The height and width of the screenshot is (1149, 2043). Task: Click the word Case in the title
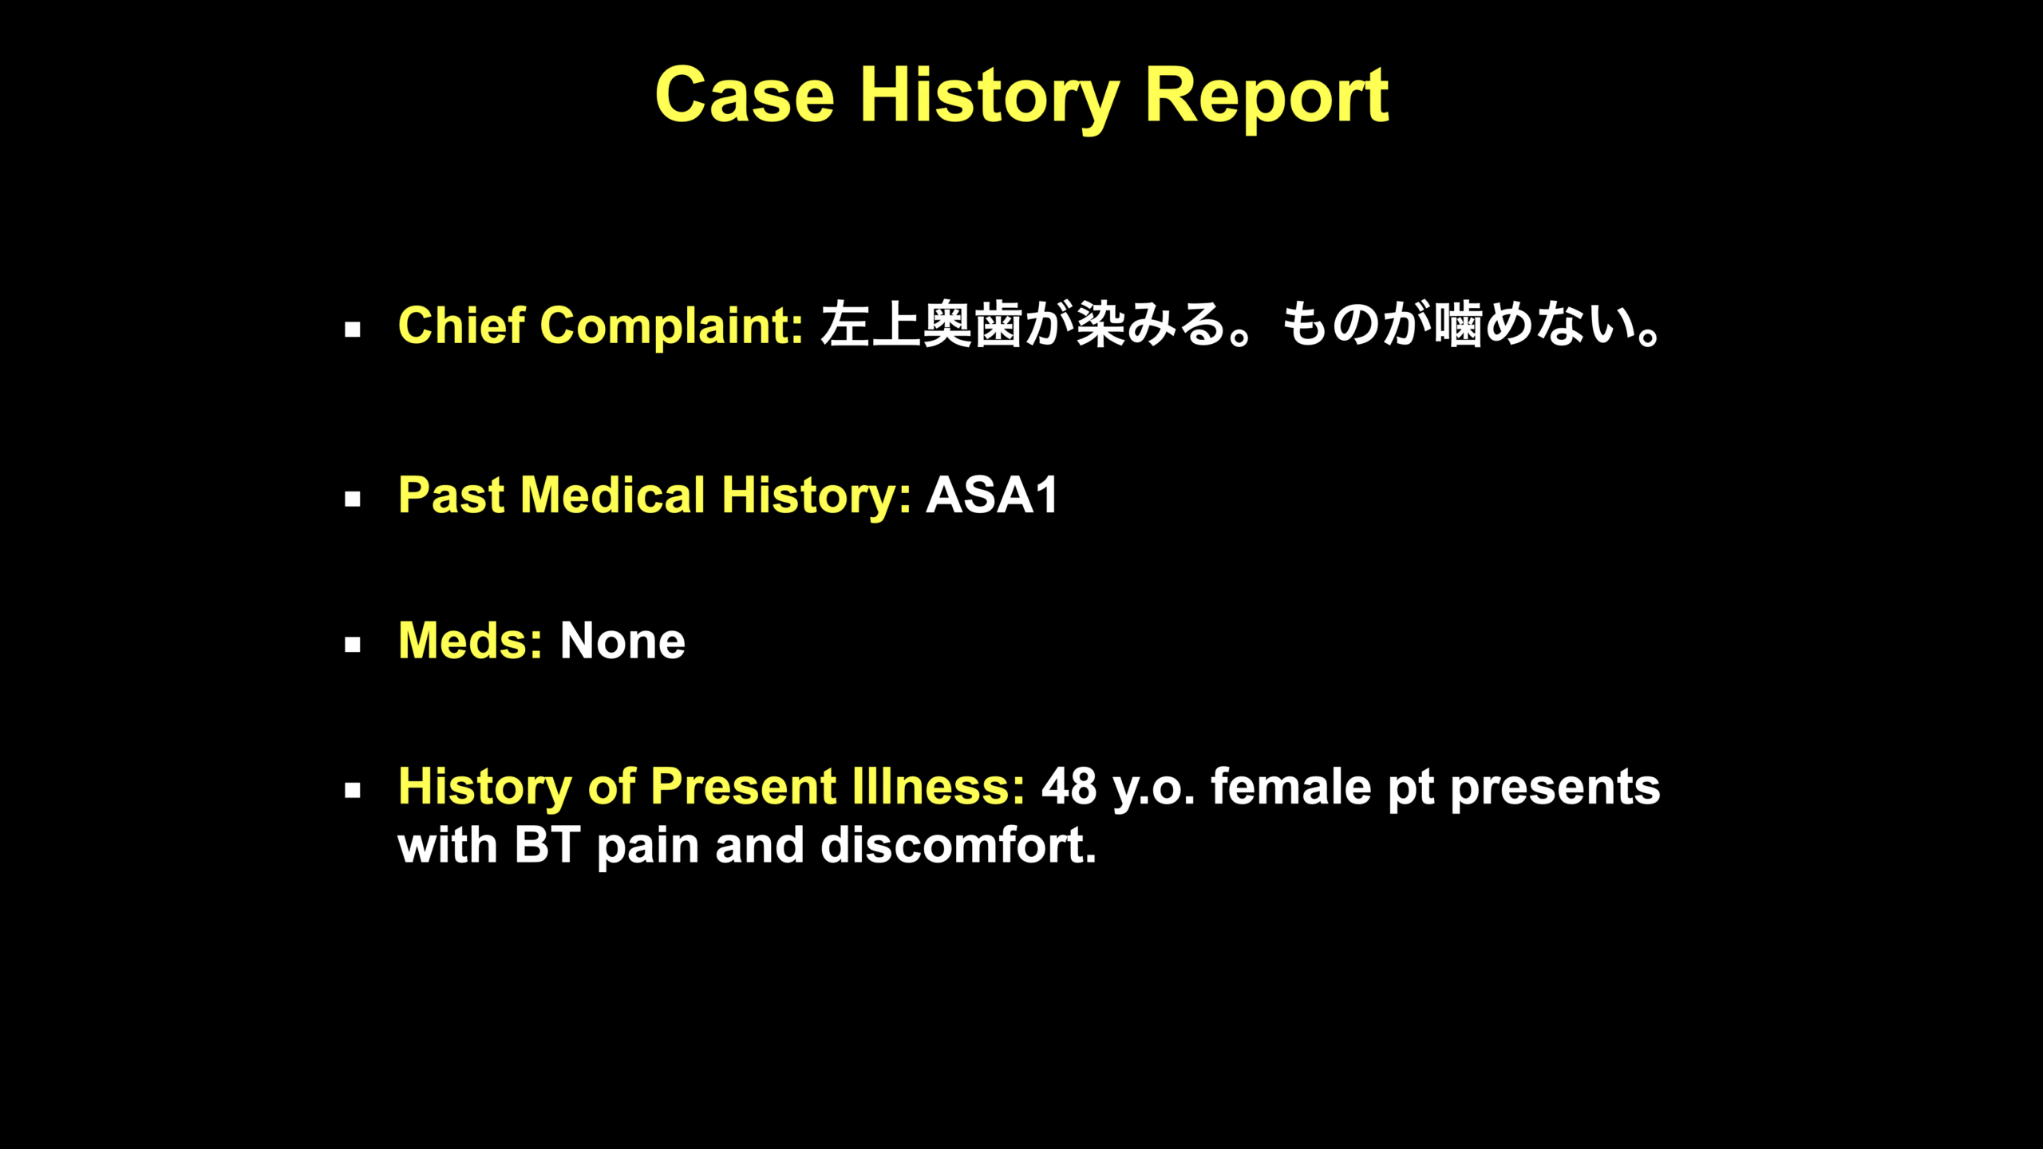[745, 95]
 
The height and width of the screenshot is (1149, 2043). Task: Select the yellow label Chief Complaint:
[600, 326]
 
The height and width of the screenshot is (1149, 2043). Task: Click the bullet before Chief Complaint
[353, 330]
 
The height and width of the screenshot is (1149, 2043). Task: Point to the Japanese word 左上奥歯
[922, 325]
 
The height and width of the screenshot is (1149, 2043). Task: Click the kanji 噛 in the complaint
[1458, 325]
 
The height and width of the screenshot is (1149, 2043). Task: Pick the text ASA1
[992, 495]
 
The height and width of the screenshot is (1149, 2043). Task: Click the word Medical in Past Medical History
[612, 495]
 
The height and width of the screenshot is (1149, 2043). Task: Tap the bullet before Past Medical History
[353, 499]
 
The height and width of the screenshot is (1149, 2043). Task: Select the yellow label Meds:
[470, 641]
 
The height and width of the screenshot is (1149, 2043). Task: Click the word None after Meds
[622, 641]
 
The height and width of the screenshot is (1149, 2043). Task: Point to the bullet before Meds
[353, 645]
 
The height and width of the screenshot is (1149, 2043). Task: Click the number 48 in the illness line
[1069, 787]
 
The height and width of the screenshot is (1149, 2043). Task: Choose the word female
[1290, 786]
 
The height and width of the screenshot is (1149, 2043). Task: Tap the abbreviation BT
[547, 845]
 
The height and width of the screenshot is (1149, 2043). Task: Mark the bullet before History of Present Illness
[353, 791]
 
